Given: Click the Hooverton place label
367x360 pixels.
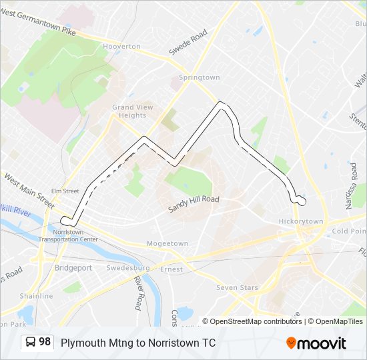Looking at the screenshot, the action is [121, 47].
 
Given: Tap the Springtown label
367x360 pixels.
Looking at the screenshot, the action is [199, 77].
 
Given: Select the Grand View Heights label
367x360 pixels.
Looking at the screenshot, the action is [132, 111].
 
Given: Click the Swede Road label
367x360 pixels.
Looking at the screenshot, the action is [189, 41].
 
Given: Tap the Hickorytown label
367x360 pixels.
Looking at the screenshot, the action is [300, 221].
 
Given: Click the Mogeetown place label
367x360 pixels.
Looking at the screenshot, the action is [167, 243].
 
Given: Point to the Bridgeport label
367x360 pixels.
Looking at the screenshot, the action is [73, 267].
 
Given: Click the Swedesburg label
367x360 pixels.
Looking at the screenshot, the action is [127, 268].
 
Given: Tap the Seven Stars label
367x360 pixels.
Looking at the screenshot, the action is [236, 287].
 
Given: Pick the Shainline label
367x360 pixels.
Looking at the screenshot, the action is [36, 296].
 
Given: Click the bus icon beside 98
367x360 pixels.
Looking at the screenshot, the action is [30, 343].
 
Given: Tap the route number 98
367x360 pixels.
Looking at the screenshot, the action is [45, 342].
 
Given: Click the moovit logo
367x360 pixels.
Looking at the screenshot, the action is [316, 343].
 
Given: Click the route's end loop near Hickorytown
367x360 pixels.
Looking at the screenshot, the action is [300, 199].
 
